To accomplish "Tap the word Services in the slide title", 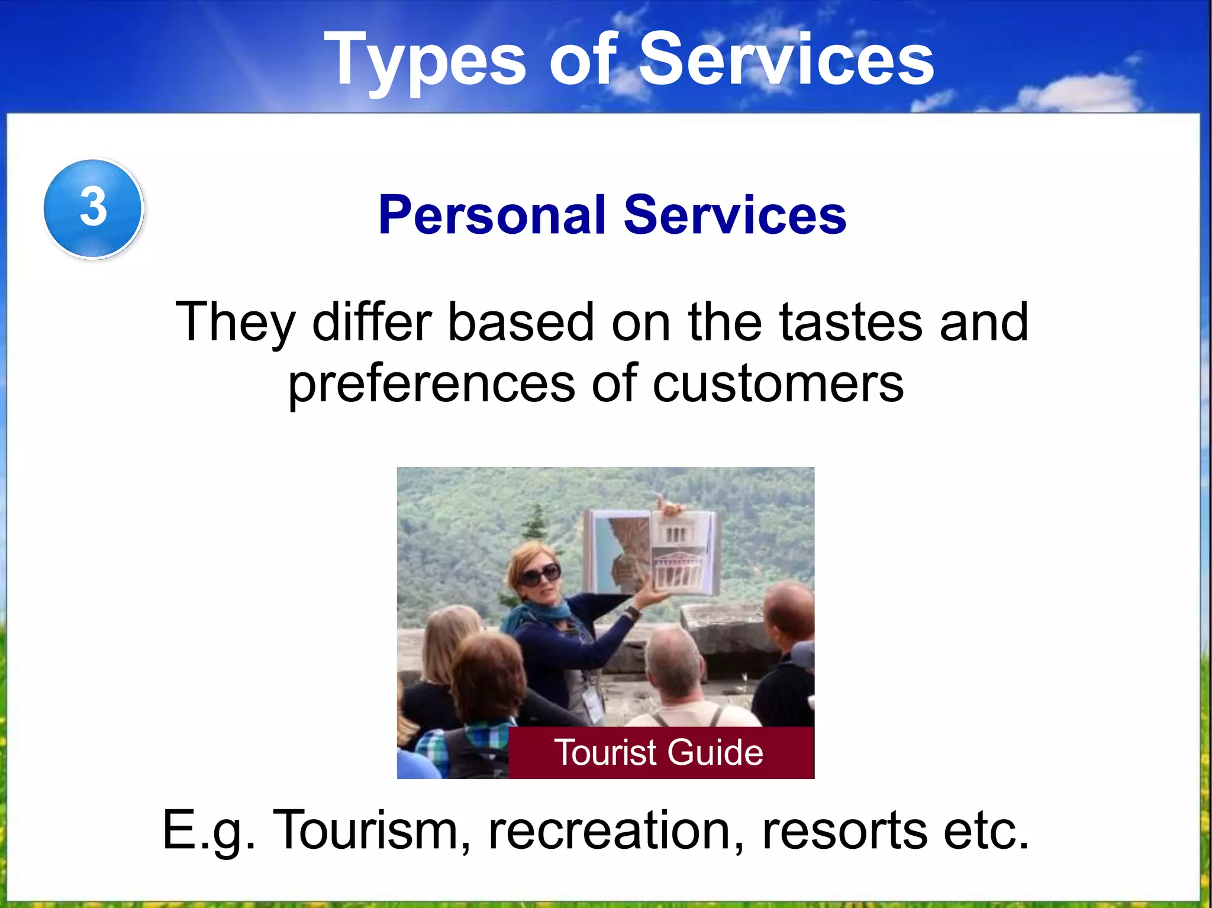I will tap(786, 60).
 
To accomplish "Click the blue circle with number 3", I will tap(94, 208).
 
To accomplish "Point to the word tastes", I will tap(850, 323).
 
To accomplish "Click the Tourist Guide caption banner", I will tap(660, 752).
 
